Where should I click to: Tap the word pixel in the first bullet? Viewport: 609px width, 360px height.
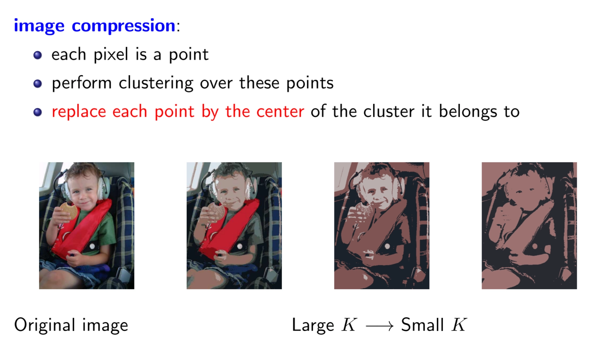point(111,54)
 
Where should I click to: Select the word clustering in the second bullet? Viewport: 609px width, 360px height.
point(156,83)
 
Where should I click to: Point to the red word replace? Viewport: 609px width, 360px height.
point(79,112)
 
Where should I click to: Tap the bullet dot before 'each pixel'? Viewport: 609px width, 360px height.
point(38,55)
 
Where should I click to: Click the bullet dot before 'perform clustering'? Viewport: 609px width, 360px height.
point(38,84)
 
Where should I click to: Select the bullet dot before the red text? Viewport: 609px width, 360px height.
point(38,112)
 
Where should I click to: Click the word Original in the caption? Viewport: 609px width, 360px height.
point(45,325)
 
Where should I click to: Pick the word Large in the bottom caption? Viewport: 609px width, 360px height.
point(313,325)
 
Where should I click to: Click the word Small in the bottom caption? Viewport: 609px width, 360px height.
point(423,325)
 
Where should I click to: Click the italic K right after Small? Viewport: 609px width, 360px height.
point(459,325)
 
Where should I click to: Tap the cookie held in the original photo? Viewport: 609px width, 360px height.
point(69,211)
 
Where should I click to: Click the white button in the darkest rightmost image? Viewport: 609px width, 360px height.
point(535,246)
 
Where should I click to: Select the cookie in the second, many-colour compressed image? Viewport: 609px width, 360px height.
point(216,211)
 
